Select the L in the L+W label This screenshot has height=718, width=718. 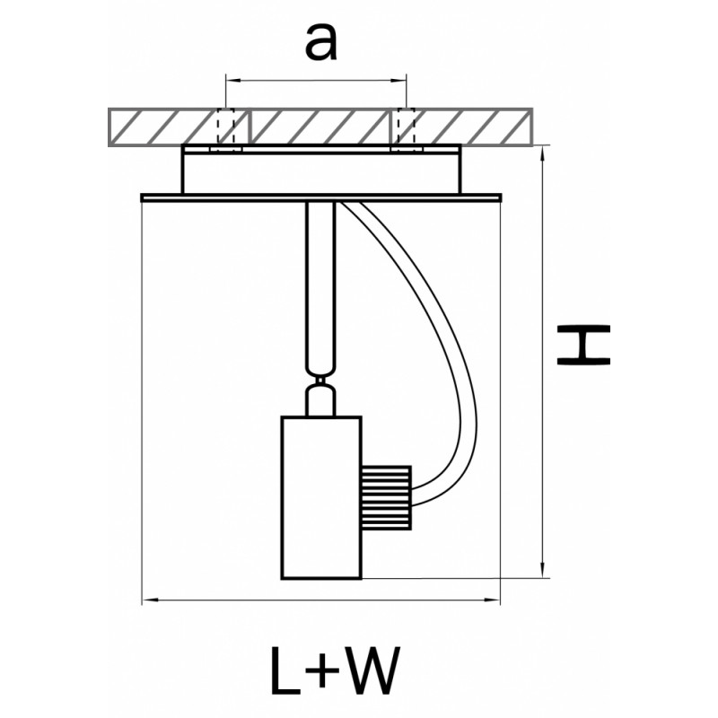[x=288, y=670]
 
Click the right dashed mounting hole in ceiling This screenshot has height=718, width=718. [x=406, y=128]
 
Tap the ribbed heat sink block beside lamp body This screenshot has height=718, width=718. [x=385, y=497]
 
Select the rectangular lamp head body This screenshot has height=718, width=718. [x=320, y=497]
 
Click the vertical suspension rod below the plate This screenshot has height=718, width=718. [x=320, y=287]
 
